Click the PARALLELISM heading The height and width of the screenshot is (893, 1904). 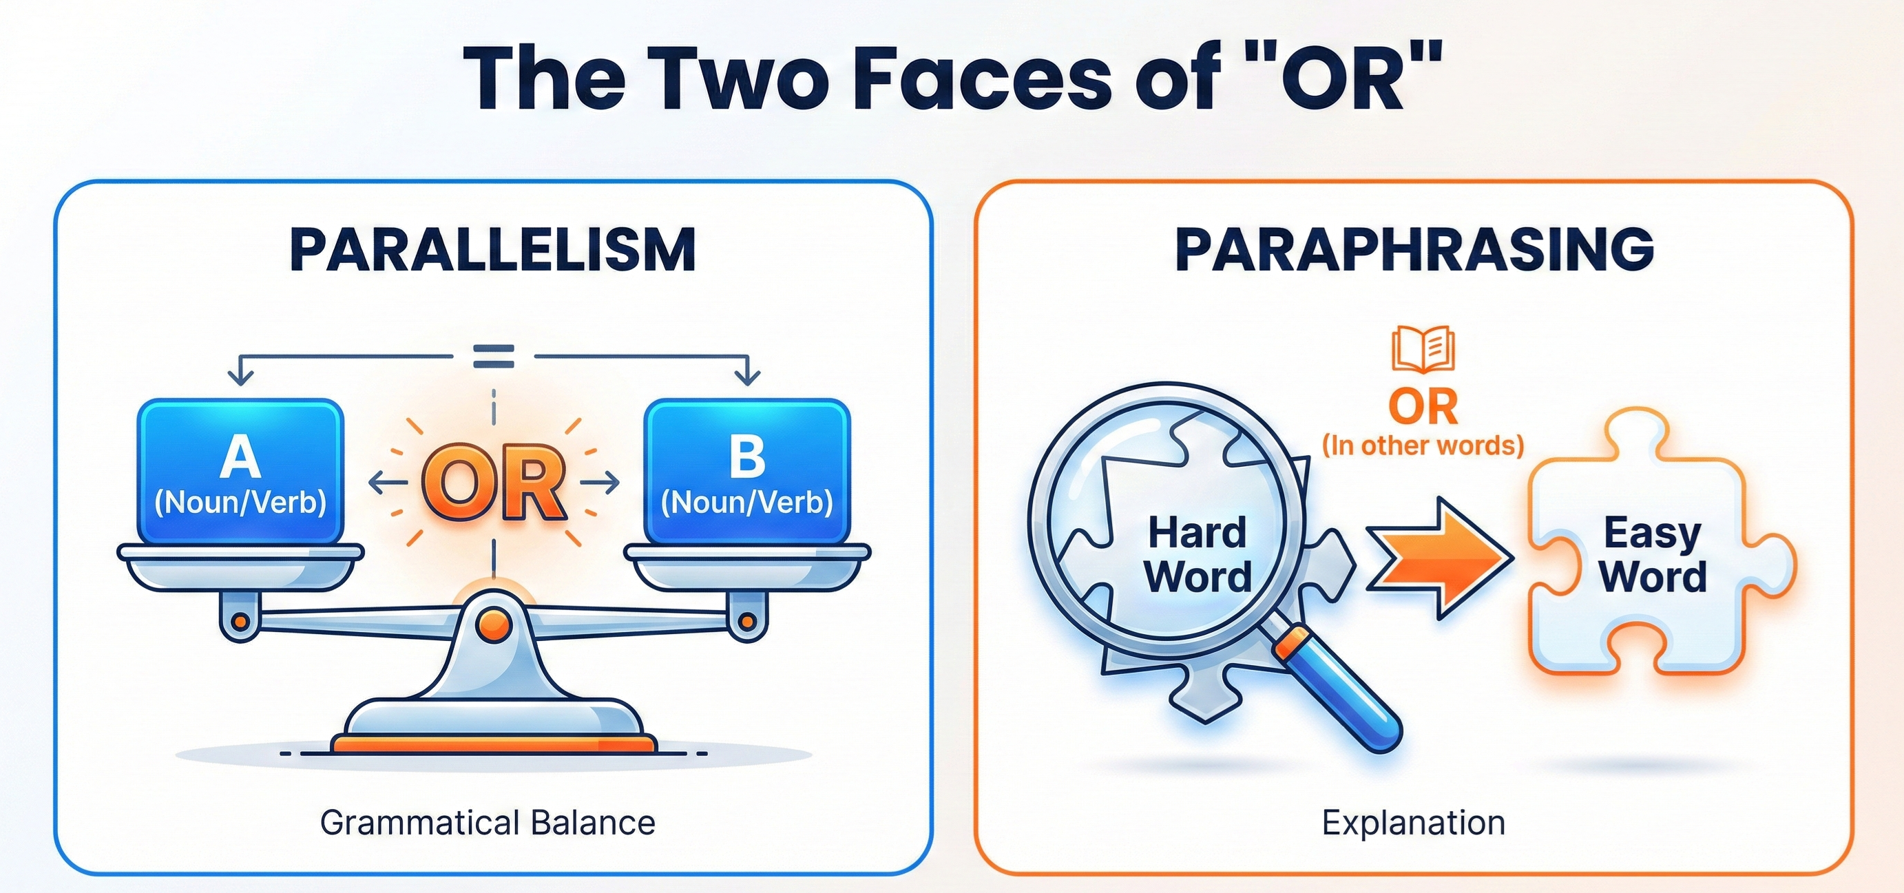[493, 250]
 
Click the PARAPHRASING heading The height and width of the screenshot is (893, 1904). [1414, 249]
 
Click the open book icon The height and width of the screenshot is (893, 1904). [1423, 350]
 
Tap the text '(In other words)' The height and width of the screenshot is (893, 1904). [1423, 445]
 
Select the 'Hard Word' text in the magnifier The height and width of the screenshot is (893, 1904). [1197, 554]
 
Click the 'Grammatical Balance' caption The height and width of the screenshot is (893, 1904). [488, 823]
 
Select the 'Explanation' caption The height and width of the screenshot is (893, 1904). [1413, 823]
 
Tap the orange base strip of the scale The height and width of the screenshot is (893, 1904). [494, 742]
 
